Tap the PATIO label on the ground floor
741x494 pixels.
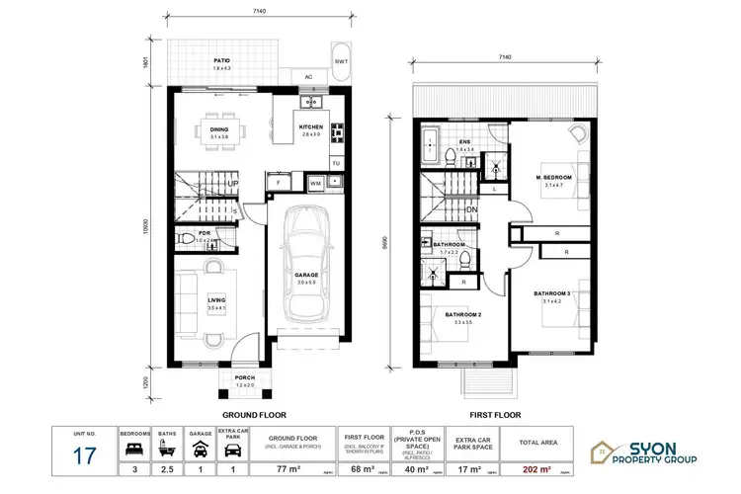point(222,61)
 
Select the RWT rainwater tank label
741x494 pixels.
point(341,61)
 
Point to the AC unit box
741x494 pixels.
point(308,76)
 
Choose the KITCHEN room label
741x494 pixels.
point(311,127)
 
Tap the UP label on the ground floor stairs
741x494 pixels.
point(233,184)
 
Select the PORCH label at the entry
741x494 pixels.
point(245,377)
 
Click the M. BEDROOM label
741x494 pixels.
point(554,178)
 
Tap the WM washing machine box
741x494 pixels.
point(315,183)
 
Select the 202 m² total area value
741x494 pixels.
point(534,459)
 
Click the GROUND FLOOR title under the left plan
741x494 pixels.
point(255,416)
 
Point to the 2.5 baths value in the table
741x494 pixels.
point(168,459)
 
